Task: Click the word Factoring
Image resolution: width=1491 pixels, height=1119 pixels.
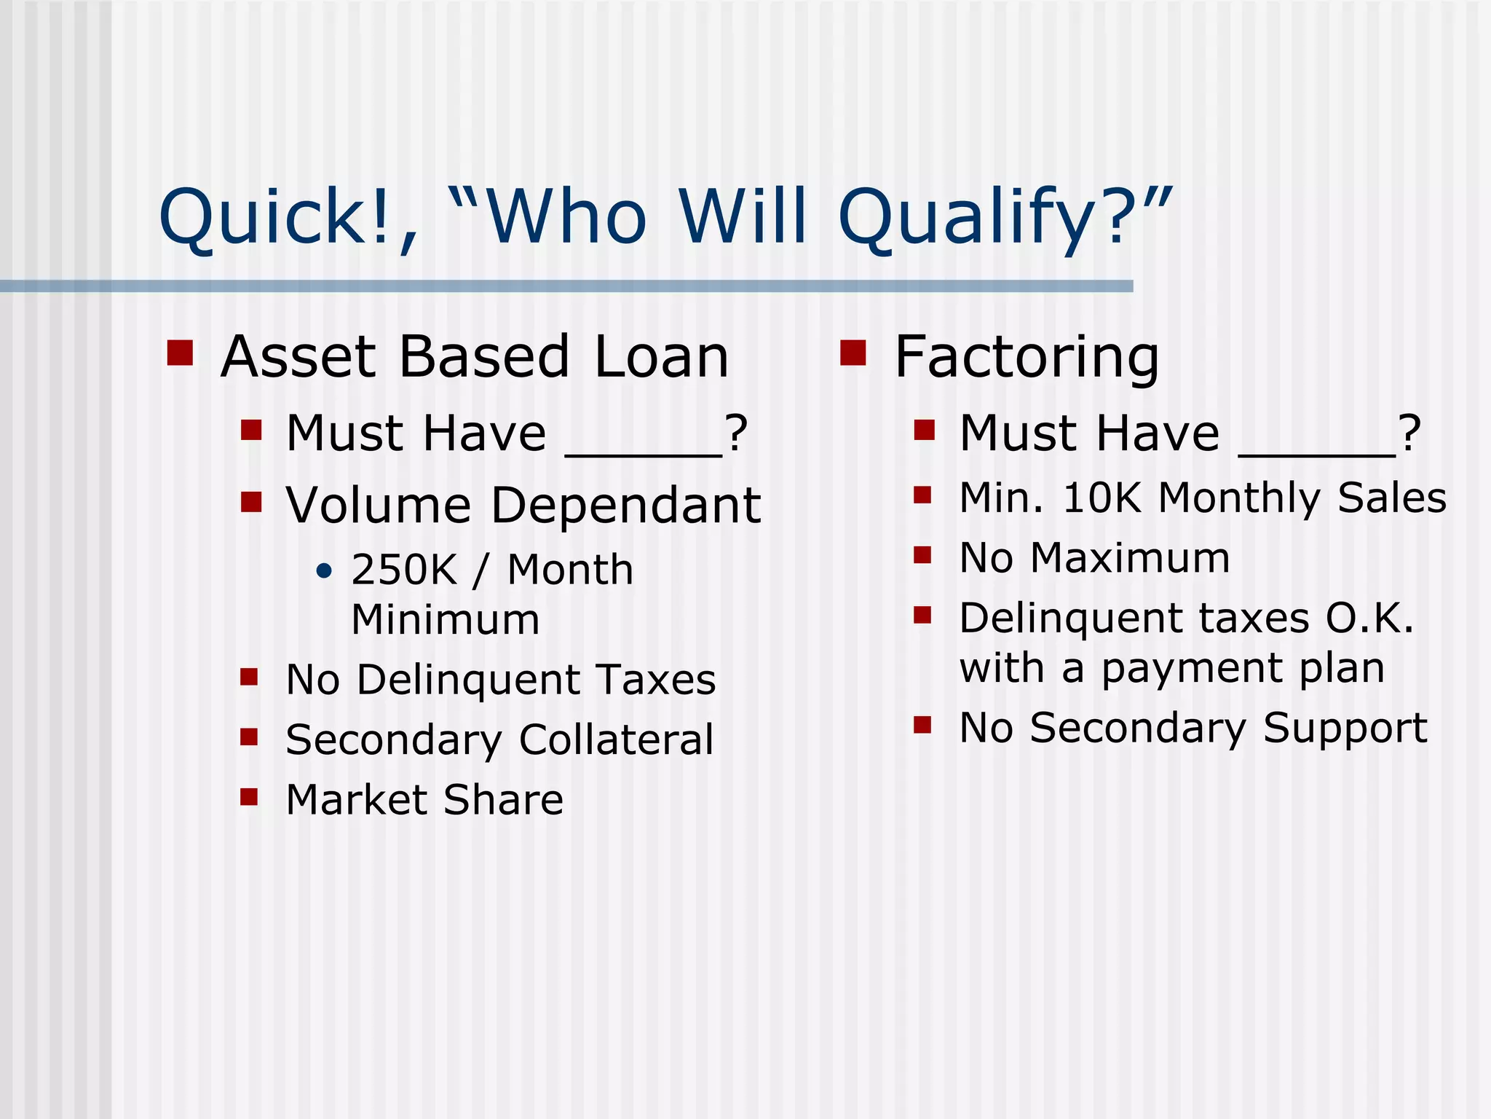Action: tap(1026, 357)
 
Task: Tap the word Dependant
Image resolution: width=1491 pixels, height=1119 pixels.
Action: tap(625, 505)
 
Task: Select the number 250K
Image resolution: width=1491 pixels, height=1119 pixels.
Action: tap(403, 570)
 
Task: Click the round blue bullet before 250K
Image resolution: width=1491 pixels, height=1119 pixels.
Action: tap(325, 570)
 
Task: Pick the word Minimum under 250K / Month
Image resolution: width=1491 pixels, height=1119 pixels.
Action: tap(445, 620)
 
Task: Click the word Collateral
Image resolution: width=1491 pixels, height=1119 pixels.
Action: tap(616, 739)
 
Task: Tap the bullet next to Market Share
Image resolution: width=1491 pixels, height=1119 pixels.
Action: tap(249, 796)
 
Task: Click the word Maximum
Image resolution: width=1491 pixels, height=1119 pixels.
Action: tap(1130, 558)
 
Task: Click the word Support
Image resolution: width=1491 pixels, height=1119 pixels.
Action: tap(1345, 728)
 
